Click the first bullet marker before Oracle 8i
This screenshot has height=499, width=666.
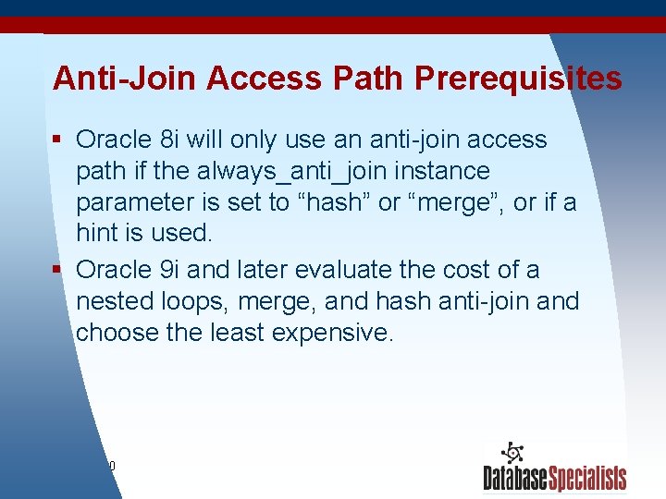tap(56, 140)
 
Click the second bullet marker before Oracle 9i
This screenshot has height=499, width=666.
tap(56, 270)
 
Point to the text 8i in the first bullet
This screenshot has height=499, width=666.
tap(170, 140)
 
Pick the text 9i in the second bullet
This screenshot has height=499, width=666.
tap(170, 270)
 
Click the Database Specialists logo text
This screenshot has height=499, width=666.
tap(554, 478)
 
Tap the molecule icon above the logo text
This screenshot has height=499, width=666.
tap(512, 453)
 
